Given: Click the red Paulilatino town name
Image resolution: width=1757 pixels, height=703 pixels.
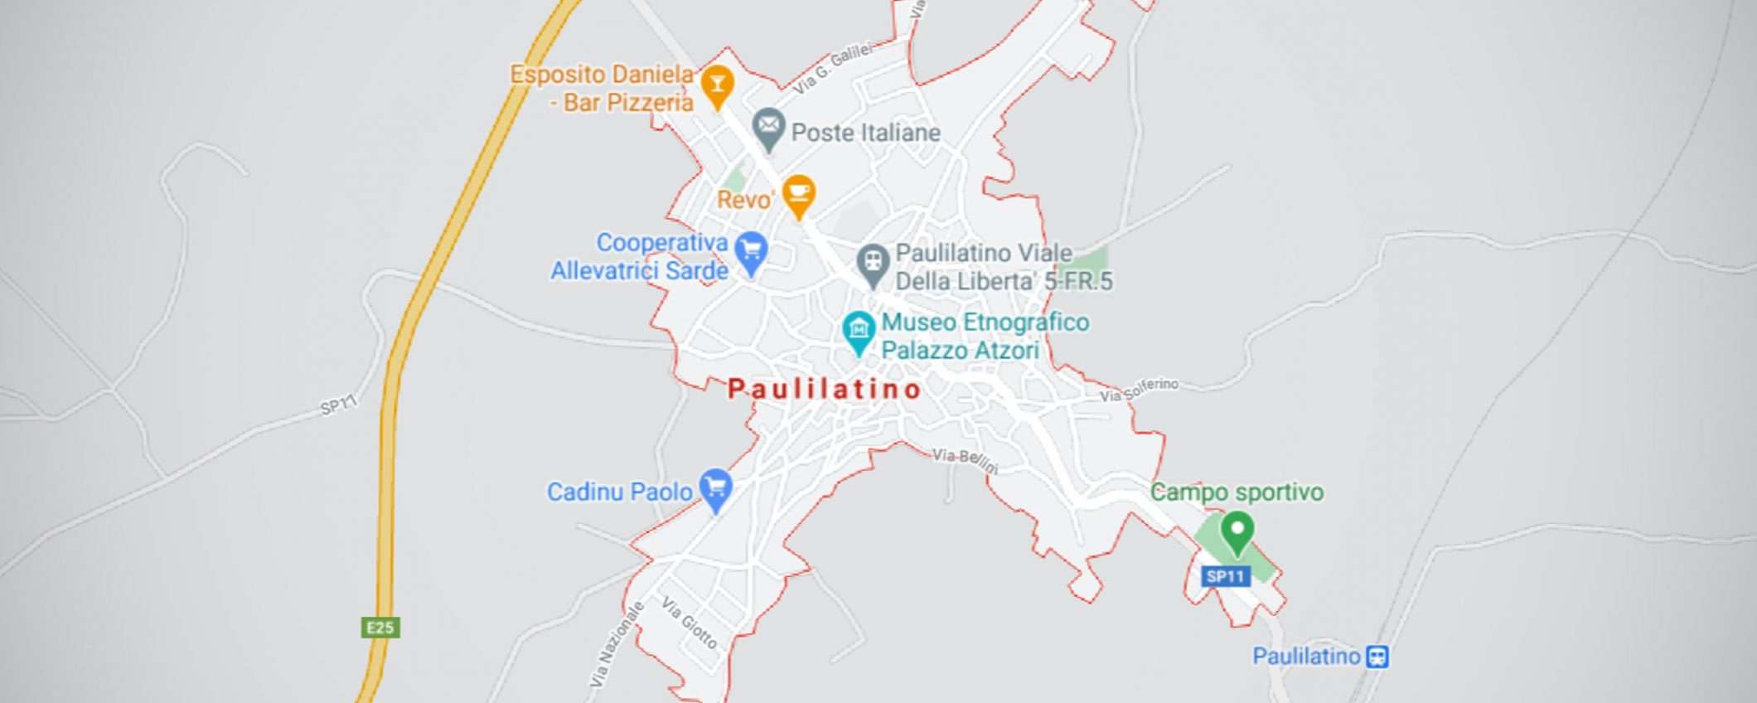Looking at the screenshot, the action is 824,389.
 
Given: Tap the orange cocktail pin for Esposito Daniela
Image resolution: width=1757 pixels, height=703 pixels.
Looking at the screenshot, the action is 718,85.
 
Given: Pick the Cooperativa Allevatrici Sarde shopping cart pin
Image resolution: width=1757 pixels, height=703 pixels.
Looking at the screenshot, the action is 751,251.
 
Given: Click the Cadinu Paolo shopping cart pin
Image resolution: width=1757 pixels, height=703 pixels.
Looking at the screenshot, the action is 716,488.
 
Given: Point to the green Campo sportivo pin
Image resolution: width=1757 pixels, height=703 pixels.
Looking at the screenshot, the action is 1237,531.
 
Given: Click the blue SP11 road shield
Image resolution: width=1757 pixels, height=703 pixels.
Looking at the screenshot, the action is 1226,576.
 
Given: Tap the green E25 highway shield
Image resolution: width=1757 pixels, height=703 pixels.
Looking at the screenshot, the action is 380,628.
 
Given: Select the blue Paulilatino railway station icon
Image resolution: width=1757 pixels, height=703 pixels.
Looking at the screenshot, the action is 1377,657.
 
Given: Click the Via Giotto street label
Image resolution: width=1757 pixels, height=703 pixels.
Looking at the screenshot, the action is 689,623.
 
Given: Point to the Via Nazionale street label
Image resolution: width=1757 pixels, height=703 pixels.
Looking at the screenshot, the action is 617,644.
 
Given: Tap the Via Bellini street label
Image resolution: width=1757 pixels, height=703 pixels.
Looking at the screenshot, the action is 966,460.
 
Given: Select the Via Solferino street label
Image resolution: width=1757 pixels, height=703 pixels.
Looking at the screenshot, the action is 1139,390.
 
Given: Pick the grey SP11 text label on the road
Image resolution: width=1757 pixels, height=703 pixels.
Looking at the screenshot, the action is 338,405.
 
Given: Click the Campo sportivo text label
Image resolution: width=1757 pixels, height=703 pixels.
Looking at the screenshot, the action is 1237,492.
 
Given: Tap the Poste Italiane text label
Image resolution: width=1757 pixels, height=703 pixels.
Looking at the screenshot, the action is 865,133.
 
